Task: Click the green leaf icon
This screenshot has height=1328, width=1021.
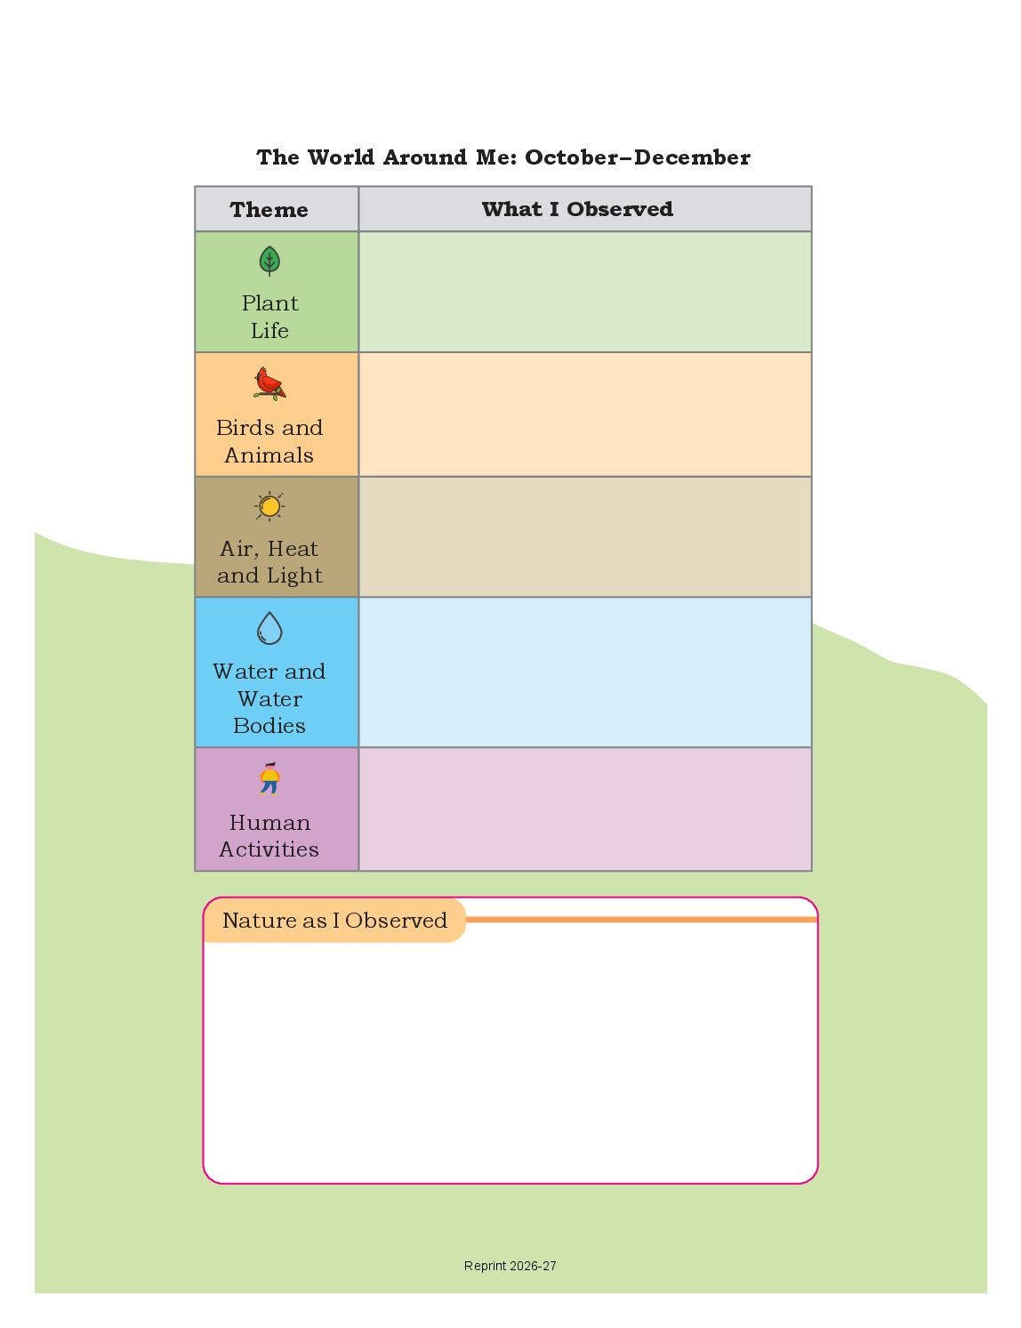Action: point(269,261)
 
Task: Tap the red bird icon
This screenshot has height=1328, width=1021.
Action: point(269,383)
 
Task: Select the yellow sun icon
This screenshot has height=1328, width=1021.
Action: point(269,506)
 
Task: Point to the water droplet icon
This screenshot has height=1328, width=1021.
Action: point(269,628)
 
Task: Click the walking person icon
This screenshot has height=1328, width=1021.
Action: point(269,778)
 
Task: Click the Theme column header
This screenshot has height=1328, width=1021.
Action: point(269,210)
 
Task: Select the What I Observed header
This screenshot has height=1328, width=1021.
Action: point(577,209)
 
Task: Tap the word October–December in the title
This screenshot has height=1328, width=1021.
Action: point(638,157)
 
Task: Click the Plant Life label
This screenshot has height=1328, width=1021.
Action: point(269,317)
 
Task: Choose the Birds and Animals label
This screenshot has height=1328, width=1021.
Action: point(269,441)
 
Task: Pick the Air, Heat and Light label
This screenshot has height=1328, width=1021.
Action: point(269,562)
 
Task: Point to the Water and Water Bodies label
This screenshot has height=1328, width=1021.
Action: point(269,698)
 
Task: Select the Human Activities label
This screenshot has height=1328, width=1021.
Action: point(269,836)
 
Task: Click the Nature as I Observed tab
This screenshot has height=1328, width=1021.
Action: point(334,921)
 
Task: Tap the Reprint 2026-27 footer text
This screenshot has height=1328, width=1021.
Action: point(510,1266)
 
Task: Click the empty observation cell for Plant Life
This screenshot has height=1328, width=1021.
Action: point(584,292)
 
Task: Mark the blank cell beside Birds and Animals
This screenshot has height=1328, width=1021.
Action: point(584,414)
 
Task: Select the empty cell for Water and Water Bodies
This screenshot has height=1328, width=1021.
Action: point(584,672)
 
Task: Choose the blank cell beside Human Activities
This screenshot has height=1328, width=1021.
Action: point(584,809)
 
